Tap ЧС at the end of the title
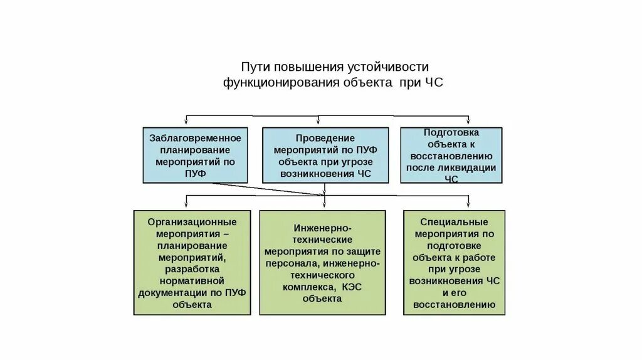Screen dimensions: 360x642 [434, 82]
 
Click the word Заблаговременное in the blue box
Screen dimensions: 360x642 [196, 137]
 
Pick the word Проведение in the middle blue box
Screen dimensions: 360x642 [325, 137]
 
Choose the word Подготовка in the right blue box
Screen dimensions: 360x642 [451, 132]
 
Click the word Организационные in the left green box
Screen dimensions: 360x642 [192, 222]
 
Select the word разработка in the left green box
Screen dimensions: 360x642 [192, 269]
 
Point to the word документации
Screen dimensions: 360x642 [171, 293]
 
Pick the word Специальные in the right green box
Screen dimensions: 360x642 [455, 222]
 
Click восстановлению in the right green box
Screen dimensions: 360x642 [455, 305]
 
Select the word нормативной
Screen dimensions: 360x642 [192, 281]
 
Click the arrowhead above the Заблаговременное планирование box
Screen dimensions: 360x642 [186, 122]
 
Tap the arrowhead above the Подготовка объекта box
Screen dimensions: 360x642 [468, 122]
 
